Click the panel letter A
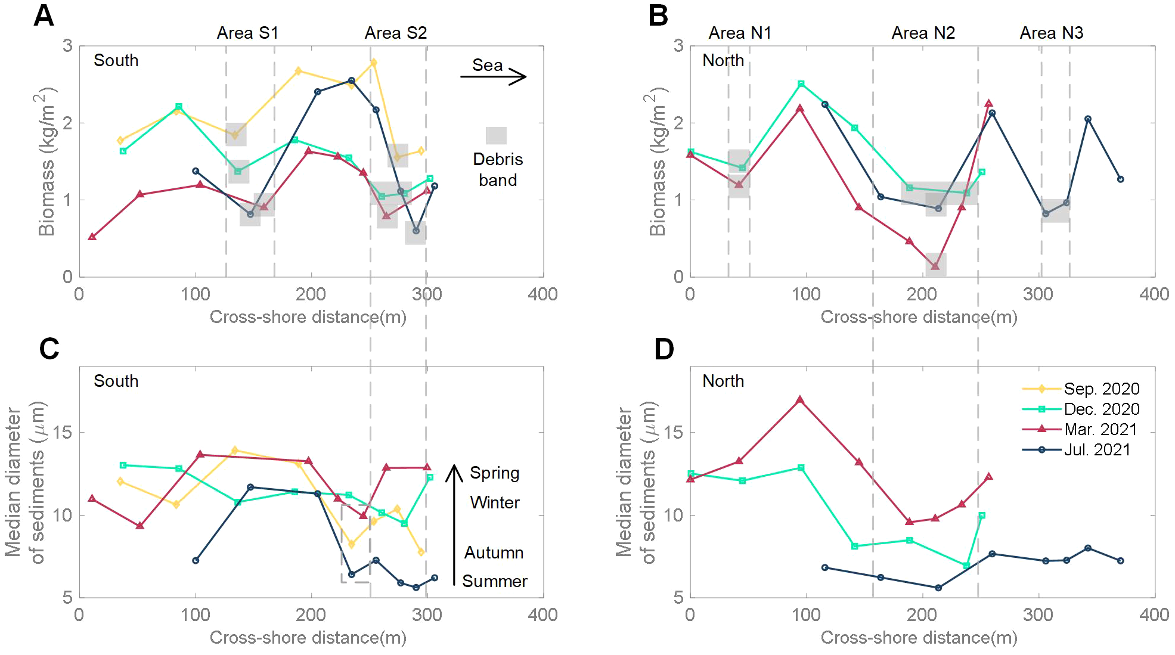point(44,16)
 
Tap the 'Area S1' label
point(247,33)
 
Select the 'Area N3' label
point(1051,33)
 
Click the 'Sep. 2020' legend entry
point(1101,389)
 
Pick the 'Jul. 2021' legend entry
point(1097,449)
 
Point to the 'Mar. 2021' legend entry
point(1100,429)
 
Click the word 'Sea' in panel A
point(487,65)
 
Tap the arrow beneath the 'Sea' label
point(493,77)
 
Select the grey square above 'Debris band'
point(496,136)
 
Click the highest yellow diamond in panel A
point(373,63)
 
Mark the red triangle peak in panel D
point(800,400)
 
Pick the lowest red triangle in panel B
point(935,266)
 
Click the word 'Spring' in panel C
point(494,473)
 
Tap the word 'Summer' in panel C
point(494,581)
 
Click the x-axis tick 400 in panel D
point(1154,614)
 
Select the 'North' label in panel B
point(723,60)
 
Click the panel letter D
point(664,349)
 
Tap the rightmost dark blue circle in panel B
point(1120,179)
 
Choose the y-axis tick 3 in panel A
point(67,46)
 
